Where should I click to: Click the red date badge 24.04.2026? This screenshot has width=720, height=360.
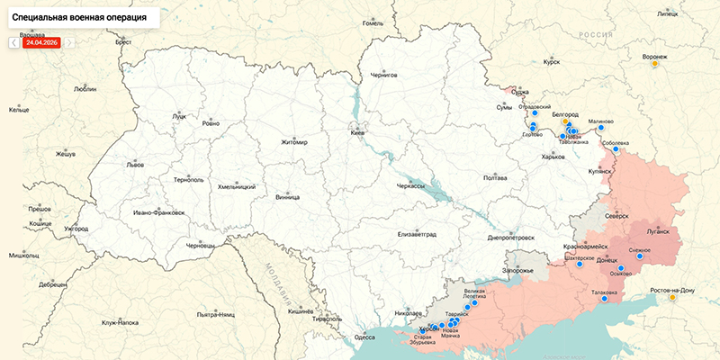pyautogui.click(x=42, y=42)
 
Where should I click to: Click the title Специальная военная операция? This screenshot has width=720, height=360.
pyautogui.click(x=80, y=17)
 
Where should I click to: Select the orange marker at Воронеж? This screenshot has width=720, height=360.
pyautogui.click(x=655, y=64)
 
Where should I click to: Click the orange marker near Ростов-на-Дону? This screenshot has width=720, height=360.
pyautogui.click(x=672, y=298)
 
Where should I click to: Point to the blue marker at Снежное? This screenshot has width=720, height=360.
pyautogui.click(x=640, y=256)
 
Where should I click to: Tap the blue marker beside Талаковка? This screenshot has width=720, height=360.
pyautogui.click(x=605, y=299)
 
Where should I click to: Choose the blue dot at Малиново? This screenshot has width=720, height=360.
pyautogui.click(x=601, y=128)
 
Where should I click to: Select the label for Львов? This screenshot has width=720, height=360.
pyautogui.click(x=135, y=166)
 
